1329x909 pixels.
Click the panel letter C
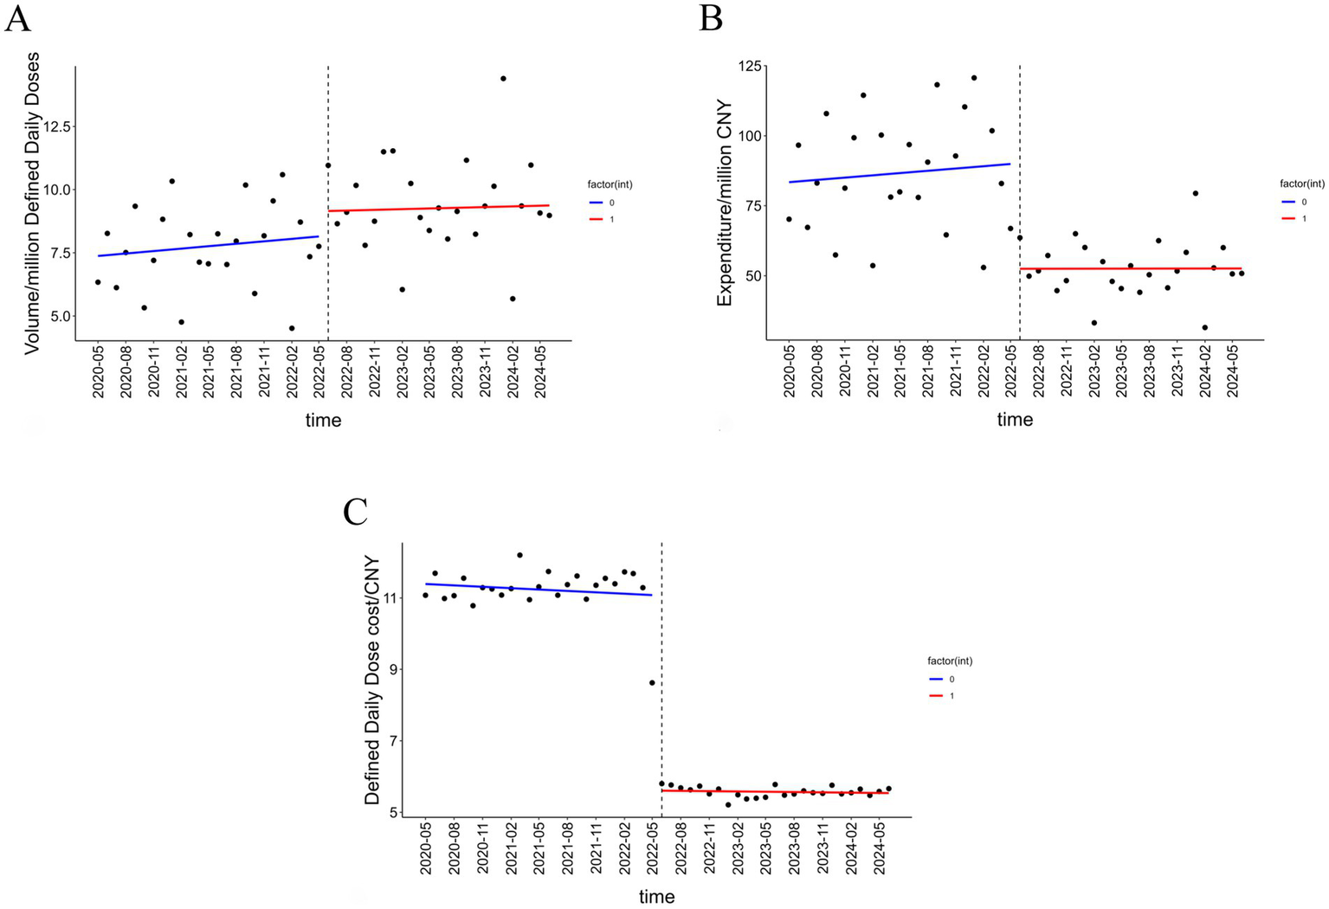point(356,512)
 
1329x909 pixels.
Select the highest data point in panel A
point(503,79)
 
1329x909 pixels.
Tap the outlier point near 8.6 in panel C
point(652,682)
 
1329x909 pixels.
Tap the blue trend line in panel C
point(537,589)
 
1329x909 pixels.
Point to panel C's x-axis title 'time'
point(656,897)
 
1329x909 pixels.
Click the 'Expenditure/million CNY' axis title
point(725,203)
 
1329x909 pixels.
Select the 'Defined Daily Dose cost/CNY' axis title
point(372,680)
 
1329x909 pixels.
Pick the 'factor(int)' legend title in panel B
point(1302,184)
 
